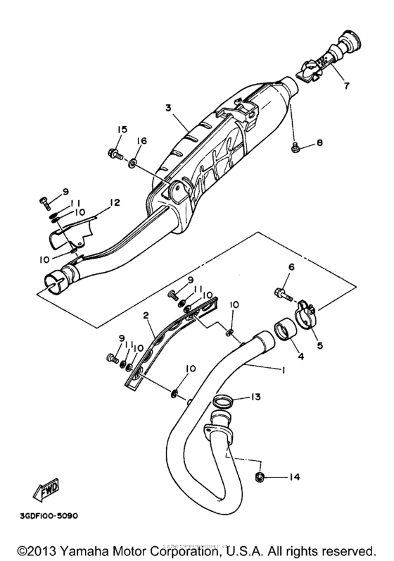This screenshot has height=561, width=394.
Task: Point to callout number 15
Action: point(122,130)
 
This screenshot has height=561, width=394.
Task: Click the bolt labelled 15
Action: point(113,152)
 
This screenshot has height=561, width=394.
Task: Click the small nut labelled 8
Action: point(295,147)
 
